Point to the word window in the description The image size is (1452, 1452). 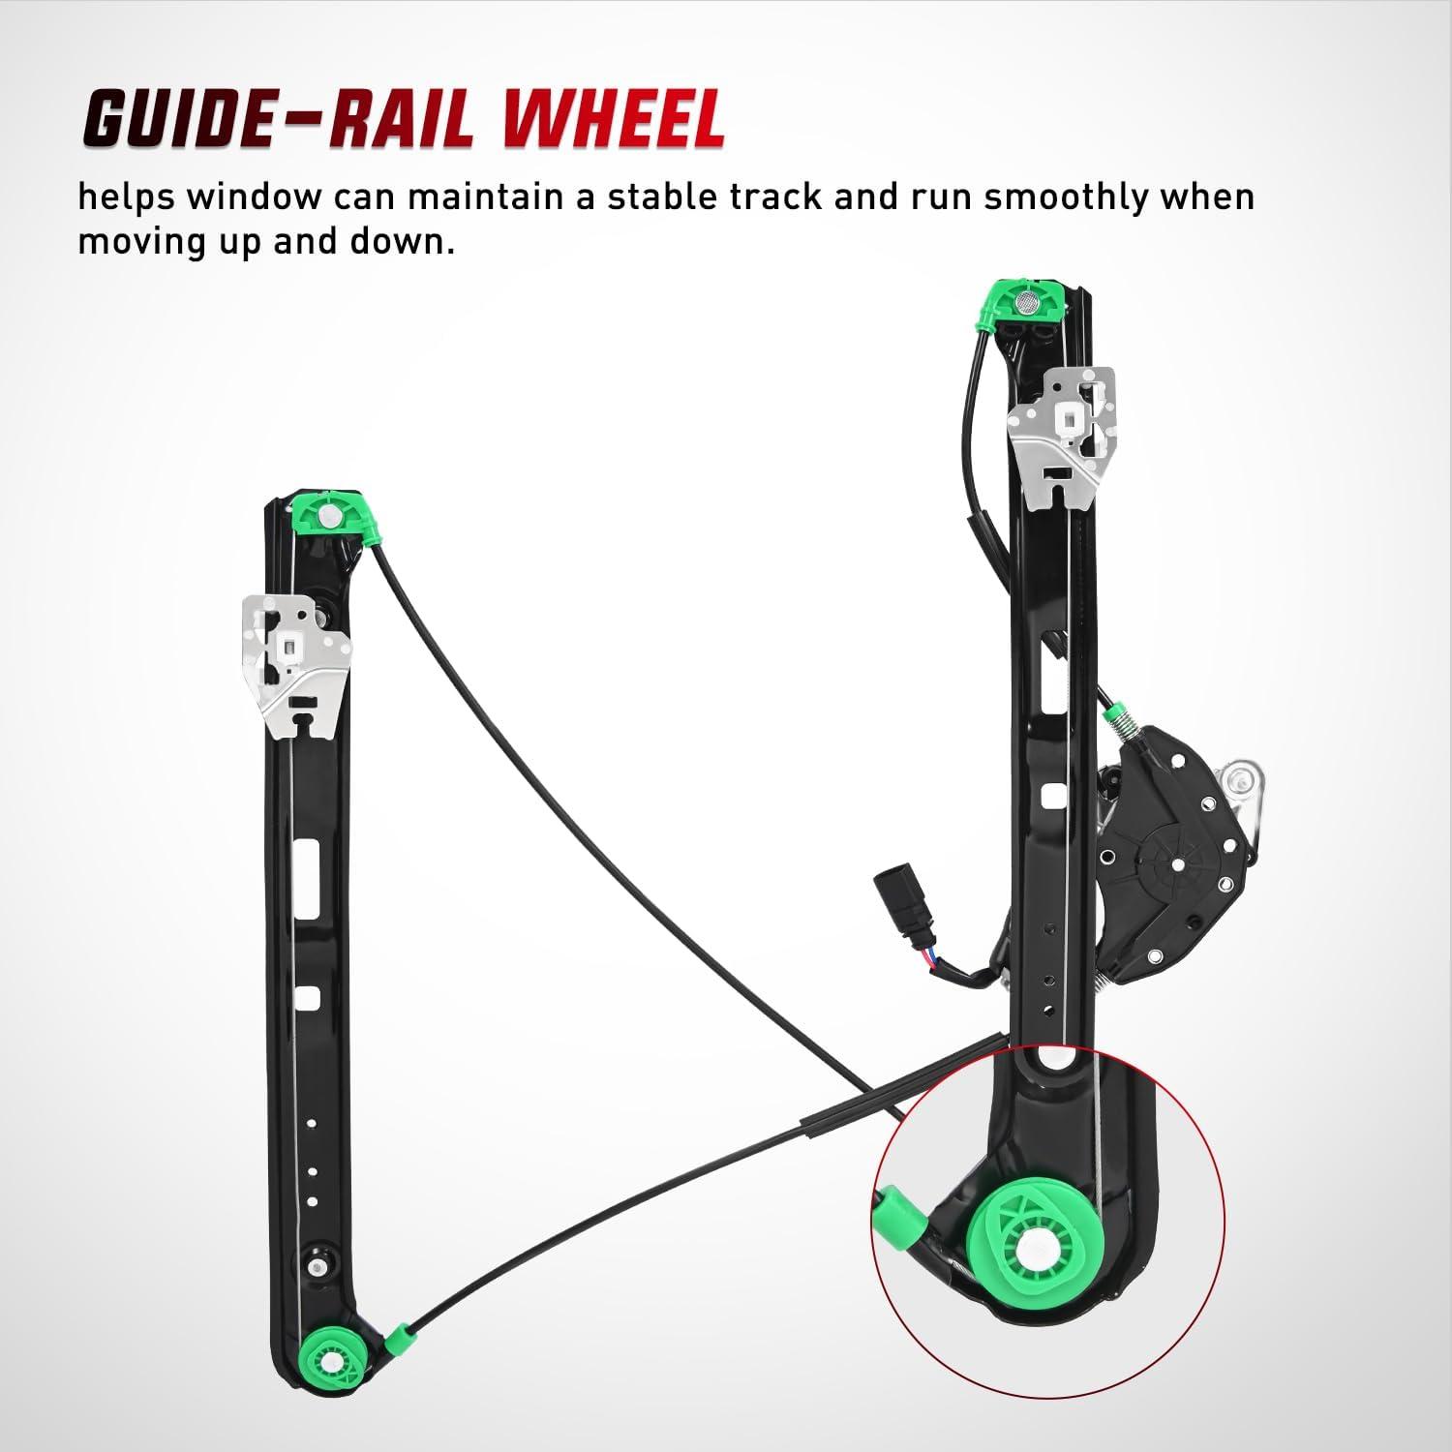pos(254,197)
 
